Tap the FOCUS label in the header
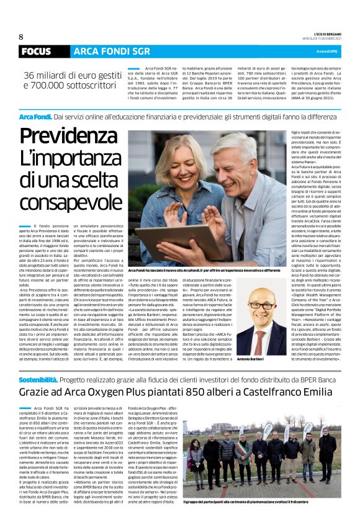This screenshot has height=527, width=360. (35, 52)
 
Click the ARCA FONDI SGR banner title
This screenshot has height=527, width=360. (103, 52)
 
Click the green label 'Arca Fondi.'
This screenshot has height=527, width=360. (35, 117)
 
